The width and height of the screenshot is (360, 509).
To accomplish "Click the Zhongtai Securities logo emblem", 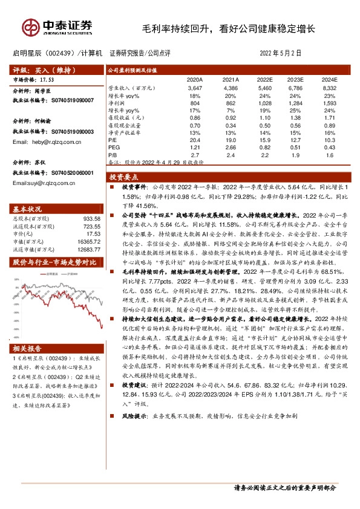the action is pyautogui.click(x=30, y=27).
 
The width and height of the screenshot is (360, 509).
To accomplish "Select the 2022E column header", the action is pyautogui.click(x=264, y=79).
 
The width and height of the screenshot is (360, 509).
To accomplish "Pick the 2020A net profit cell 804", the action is pyautogui.click(x=194, y=103).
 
